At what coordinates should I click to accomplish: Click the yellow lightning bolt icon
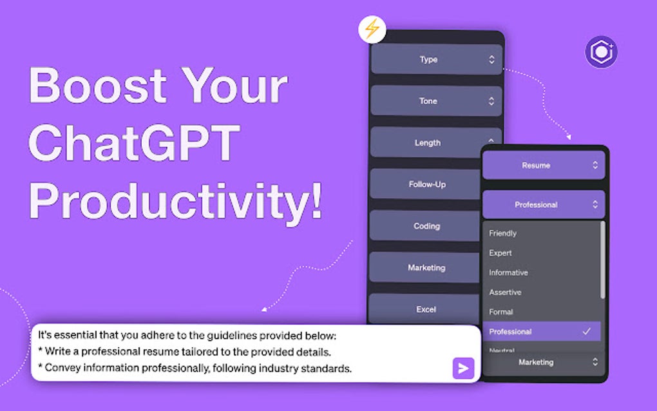[x=372, y=30]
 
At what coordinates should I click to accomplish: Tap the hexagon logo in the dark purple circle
[x=601, y=52]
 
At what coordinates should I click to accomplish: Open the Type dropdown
[x=436, y=59]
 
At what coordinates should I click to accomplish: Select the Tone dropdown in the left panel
[x=436, y=101]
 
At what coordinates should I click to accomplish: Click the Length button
[x=428, y=143]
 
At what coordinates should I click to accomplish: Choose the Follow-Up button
[x=426, y=184]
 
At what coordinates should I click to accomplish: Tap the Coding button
[x=426, y=226]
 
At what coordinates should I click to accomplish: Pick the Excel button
[x=425, y=309]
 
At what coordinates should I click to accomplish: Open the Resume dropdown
[x=544, y=165]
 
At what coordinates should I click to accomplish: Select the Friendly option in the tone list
[x=503, y=233]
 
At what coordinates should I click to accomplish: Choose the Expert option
[x=500, y=253]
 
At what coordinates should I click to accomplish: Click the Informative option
[x=508, y=272]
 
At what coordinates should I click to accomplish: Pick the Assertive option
[x=505, y=292]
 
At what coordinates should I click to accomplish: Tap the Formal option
[x=500, y=312]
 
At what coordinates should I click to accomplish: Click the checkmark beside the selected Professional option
[x=587, y=331]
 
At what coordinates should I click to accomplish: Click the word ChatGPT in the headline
[x=134, y=142]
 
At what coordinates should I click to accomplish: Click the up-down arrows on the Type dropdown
[x=491, y=59]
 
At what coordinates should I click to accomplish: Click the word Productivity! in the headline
[x=176, y=201]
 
